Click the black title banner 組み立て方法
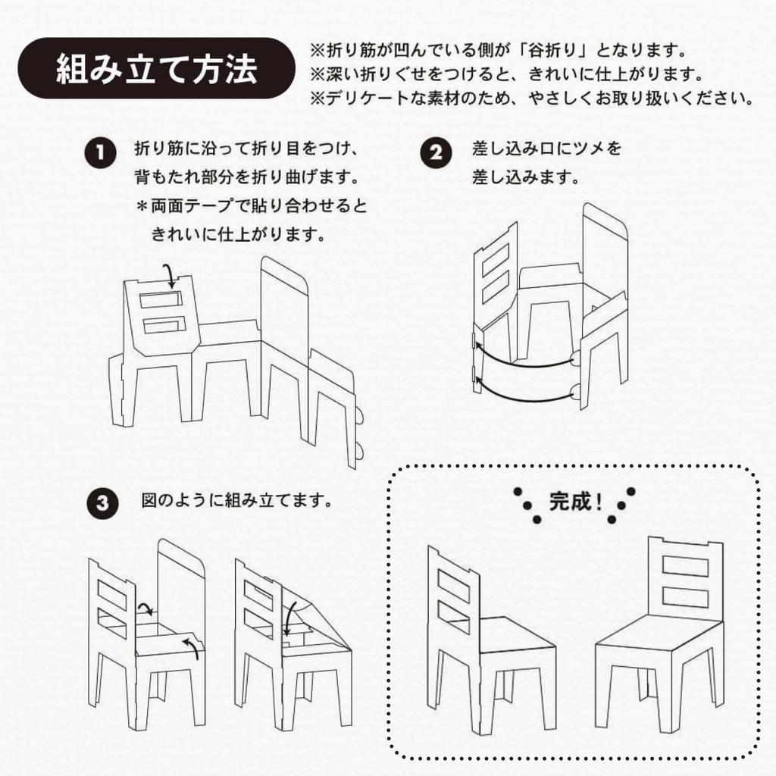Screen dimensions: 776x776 click(156, 68)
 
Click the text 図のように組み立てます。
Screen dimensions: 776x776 click(237, 501)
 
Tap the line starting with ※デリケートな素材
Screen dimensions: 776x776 click(530, 99)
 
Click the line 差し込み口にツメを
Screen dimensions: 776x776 click(546, 148)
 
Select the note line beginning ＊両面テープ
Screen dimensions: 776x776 click(250, 206)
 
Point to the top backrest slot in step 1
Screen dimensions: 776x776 click(159, 299)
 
